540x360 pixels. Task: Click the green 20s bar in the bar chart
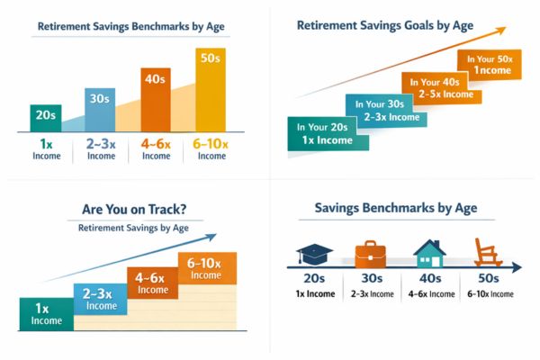tap(45, 118)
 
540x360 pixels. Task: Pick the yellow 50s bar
tap(211, 85)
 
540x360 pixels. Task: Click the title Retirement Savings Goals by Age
tap(385, 26)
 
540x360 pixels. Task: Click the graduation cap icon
tap(315, 253)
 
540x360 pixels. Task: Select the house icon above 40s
tap(428, 252)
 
